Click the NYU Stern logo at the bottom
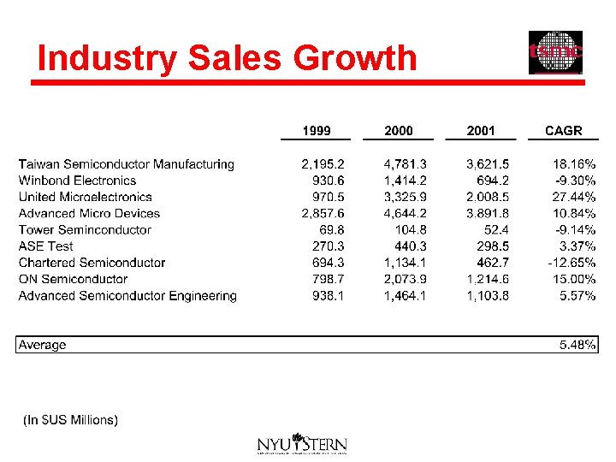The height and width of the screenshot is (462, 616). (302, 444)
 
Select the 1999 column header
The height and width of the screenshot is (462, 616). (317, 131)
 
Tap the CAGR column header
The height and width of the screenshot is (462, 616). (563, 131)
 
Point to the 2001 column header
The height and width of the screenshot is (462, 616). (481, 131)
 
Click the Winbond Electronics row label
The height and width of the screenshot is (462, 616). (77, 181)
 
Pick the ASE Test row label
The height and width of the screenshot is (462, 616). (45, 246)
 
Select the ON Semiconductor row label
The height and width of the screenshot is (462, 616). (73, 279)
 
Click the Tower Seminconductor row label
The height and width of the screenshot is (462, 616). (85, 230)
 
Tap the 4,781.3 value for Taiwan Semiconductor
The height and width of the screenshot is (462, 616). (406, 164)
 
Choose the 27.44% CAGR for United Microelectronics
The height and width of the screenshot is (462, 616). (574, 197)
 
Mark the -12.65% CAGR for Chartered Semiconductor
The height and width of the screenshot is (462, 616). (572, 263)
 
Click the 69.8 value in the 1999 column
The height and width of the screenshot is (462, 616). (330, 230)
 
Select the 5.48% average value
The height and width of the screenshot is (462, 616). (577, 345)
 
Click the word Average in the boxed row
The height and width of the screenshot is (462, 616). (42, 345)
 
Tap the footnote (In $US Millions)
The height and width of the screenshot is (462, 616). (70, 420)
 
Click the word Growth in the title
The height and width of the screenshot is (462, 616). (354, 58)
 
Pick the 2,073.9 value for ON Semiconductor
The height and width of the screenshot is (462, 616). (406, 279)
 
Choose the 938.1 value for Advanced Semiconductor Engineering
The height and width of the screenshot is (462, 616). (328, 296)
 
